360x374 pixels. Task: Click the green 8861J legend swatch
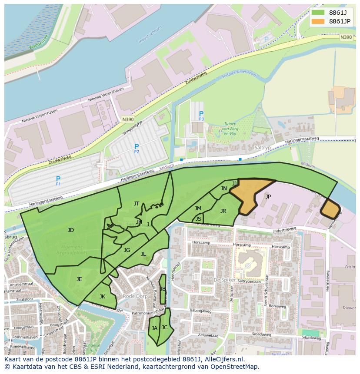tap(318, 13)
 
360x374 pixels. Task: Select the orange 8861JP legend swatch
tap(318, 21)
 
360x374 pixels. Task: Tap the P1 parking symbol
tap(58, 180)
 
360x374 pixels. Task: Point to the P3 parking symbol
tap(201, 115)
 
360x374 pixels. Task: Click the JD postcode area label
tap(71, 230)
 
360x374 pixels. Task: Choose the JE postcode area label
tap(79, 279)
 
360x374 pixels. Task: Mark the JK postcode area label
tap(102, 297)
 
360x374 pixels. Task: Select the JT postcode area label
tap(137, 204)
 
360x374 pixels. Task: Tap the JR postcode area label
tap(223, 211)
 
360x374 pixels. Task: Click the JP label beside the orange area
tap(268, 196)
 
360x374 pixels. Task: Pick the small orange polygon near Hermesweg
tap(330, 209)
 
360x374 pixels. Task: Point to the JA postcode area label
tap(154, 328)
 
